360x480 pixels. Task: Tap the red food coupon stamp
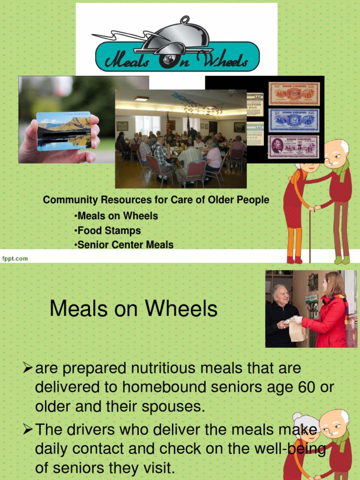tap(293, 94)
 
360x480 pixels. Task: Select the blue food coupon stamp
tap(293, 120)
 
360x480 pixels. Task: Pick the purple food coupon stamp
tap(293, 146)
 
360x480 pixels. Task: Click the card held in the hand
tap(64, 130)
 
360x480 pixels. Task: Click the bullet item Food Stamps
tap(109, 231)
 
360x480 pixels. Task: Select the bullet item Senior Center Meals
tap(125, 245)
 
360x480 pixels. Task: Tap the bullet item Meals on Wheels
tap(117, 216)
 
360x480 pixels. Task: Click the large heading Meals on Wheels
tap(134, 309)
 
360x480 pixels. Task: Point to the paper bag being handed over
tap(297, 330)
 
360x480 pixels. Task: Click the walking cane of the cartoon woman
tap(310, 234)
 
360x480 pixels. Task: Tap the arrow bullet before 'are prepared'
tap(28, 368)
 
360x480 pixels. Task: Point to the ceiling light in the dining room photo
tap(141, 98)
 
